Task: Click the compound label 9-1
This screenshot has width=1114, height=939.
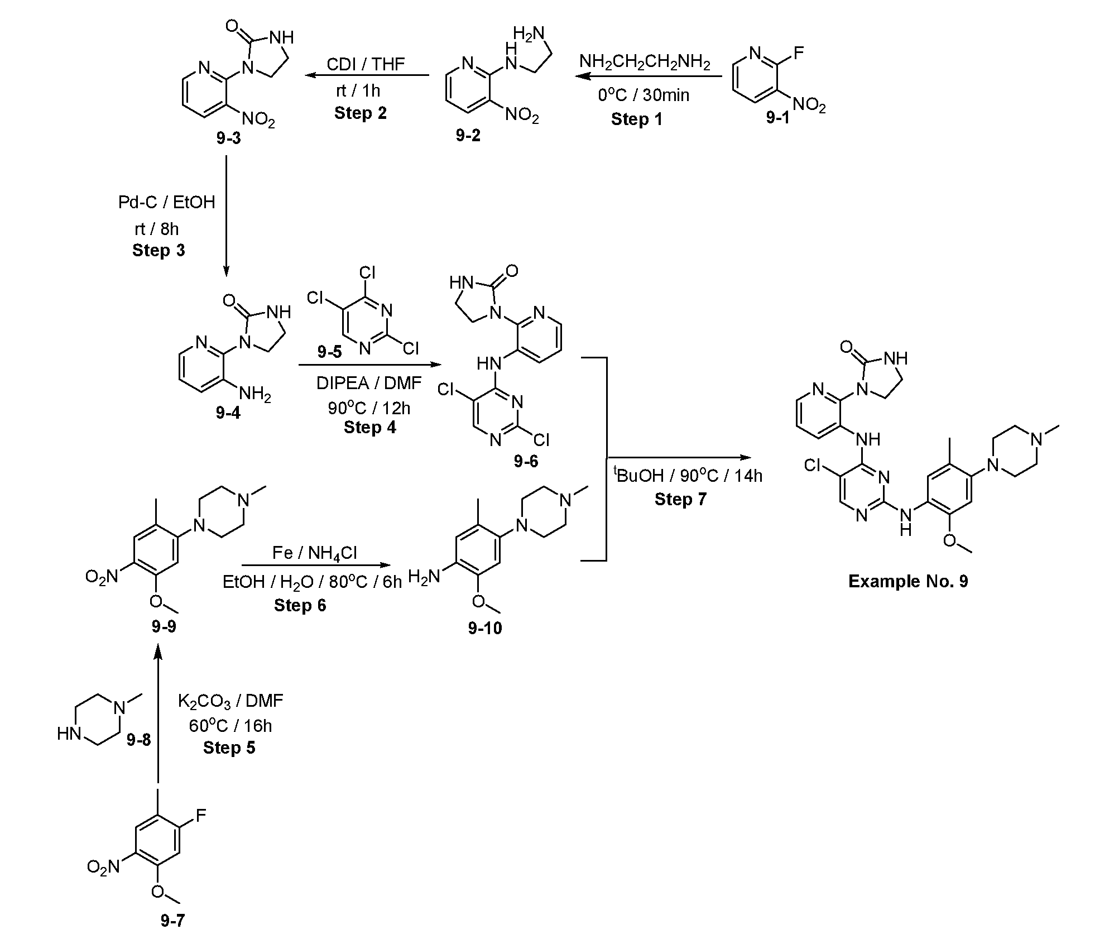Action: [777, 118]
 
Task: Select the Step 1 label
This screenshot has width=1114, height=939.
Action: [636, 119]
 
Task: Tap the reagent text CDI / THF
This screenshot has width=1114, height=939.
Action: [366, 64]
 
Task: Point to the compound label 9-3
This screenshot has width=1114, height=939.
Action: [228, 137]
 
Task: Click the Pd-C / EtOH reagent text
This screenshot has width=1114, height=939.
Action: [166, 202]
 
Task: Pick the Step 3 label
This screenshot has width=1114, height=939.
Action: [159, 250]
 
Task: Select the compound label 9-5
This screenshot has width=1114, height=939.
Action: [330, 352]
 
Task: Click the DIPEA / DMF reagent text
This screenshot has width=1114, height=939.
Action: [369, 382]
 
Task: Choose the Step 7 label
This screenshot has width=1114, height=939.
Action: [680, 499]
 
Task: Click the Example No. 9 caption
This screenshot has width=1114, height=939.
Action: [908, 581]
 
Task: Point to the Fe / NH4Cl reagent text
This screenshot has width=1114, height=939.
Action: [315, 553]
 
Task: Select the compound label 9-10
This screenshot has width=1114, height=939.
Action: [485, 628]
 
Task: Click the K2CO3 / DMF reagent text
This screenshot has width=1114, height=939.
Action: [231, 701]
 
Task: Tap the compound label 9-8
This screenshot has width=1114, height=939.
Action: [139, 740]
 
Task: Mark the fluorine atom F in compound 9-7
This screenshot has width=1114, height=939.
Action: [201, 816]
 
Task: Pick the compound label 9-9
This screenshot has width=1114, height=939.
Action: [164, 626]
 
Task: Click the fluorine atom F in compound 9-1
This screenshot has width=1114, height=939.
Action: [799, 54]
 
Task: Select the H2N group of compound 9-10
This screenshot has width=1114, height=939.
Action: [424, 577]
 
